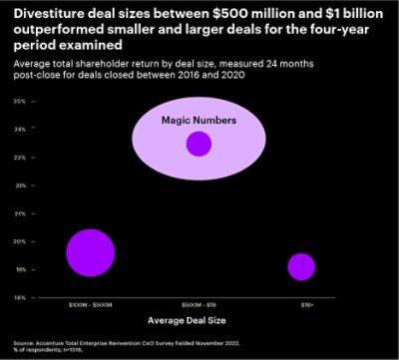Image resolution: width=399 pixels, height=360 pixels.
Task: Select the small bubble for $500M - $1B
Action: (x=199, y=144)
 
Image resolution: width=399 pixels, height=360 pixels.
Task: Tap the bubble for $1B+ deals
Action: (x=301, y=266)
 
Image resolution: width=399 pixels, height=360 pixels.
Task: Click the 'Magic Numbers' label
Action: (x=199, y=120)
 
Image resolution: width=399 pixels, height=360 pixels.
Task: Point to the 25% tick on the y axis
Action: (x=20, y=102)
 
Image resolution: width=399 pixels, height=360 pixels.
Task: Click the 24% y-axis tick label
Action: (x=20, y=130)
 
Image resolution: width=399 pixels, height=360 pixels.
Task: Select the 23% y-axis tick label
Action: (x=20, y=158)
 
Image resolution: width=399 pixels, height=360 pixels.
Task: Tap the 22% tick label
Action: (x=20, y=185)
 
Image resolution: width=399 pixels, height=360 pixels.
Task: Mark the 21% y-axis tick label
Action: (x=20, y=213)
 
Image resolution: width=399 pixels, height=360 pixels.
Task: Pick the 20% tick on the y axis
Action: (x=20, y=241)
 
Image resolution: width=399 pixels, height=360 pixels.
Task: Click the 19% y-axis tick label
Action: (x=20, y=269)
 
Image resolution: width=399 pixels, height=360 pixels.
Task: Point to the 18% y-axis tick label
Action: (x=20, y=297)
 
